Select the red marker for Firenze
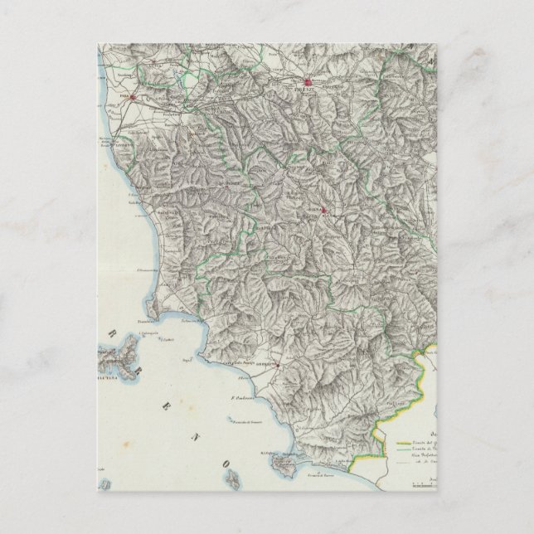point(307,83)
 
